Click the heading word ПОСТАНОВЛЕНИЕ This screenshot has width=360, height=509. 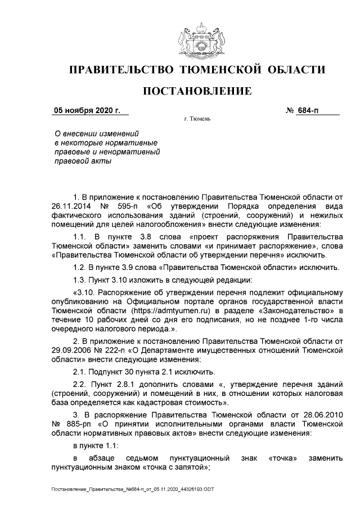click(197, 91)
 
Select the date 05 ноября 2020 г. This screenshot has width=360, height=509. click(87, 110)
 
